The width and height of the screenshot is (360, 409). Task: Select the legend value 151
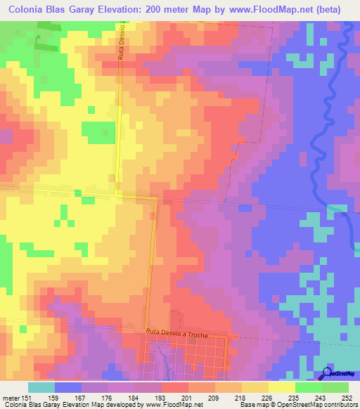click(28, 397)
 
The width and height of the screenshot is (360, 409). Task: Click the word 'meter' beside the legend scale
click(10, 397)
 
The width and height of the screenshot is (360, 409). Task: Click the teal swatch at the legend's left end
click(41, 387)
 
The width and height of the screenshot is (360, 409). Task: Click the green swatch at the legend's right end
click(335, 387)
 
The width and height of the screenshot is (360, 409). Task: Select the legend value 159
click(55, 397)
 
